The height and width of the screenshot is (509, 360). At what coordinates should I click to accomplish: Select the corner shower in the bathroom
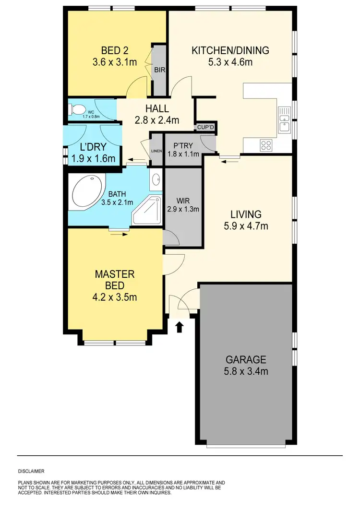click(148, 212)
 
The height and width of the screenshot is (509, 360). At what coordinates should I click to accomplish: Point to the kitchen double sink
click(284, 119)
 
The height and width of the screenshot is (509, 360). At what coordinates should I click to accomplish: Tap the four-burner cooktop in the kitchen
click(266, 144)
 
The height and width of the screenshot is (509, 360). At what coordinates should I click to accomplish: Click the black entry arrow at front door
click(180, 328)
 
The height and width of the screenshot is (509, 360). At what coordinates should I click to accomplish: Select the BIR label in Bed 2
click(159, 70)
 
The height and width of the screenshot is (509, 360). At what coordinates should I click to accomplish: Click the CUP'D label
click(205, 128)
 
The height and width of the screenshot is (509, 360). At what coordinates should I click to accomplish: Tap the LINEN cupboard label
click(156, 152)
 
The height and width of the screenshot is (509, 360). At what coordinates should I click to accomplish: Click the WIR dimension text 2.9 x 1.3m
click(183, 209)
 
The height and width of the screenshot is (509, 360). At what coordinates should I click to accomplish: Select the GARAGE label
click(246, 359)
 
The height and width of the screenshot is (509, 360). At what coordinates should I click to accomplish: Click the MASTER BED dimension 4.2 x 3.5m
click(115, 297)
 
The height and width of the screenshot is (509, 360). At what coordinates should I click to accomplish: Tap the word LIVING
click(245, 214)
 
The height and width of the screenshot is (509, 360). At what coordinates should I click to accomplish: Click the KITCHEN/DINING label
click(230, 50)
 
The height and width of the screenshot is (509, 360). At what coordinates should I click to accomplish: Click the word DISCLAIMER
click(31, 471)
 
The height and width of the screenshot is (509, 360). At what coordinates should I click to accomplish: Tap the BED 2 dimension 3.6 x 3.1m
click(115, 62)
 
